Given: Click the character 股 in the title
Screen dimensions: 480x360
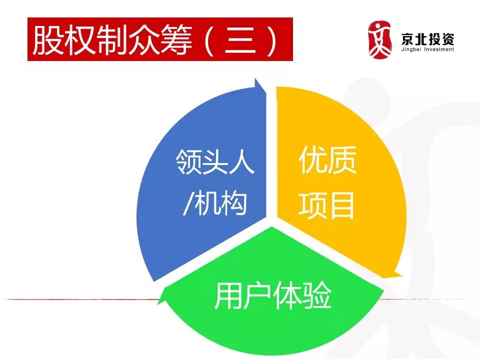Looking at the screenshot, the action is point(47,40).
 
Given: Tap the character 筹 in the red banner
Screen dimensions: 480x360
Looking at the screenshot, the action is point(176,40).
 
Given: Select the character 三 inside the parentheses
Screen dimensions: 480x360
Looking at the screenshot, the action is point(240,40).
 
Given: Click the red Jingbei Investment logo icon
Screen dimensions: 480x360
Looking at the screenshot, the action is point(379,40).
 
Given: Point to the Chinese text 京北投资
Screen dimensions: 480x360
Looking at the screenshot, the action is point(427,39).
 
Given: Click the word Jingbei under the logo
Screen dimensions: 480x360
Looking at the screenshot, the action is point(411,49).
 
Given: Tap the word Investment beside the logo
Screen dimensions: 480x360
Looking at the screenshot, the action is point(439,49).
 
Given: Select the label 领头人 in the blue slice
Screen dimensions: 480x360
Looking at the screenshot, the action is point(215,161).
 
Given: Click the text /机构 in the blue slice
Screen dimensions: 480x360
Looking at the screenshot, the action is point(214,203).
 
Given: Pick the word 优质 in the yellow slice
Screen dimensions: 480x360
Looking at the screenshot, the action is point(327,159).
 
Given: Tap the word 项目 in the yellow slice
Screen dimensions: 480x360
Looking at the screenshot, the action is point(326,205).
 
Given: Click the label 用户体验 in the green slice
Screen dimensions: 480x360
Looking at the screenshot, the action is point(273,295).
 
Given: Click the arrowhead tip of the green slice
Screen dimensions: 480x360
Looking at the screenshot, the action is point(158,304).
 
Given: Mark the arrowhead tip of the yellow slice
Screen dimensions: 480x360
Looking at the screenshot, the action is point(401,275).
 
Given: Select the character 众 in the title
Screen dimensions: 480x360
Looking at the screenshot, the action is point(144,40).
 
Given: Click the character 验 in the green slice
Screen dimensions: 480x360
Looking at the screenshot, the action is point(317,295).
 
